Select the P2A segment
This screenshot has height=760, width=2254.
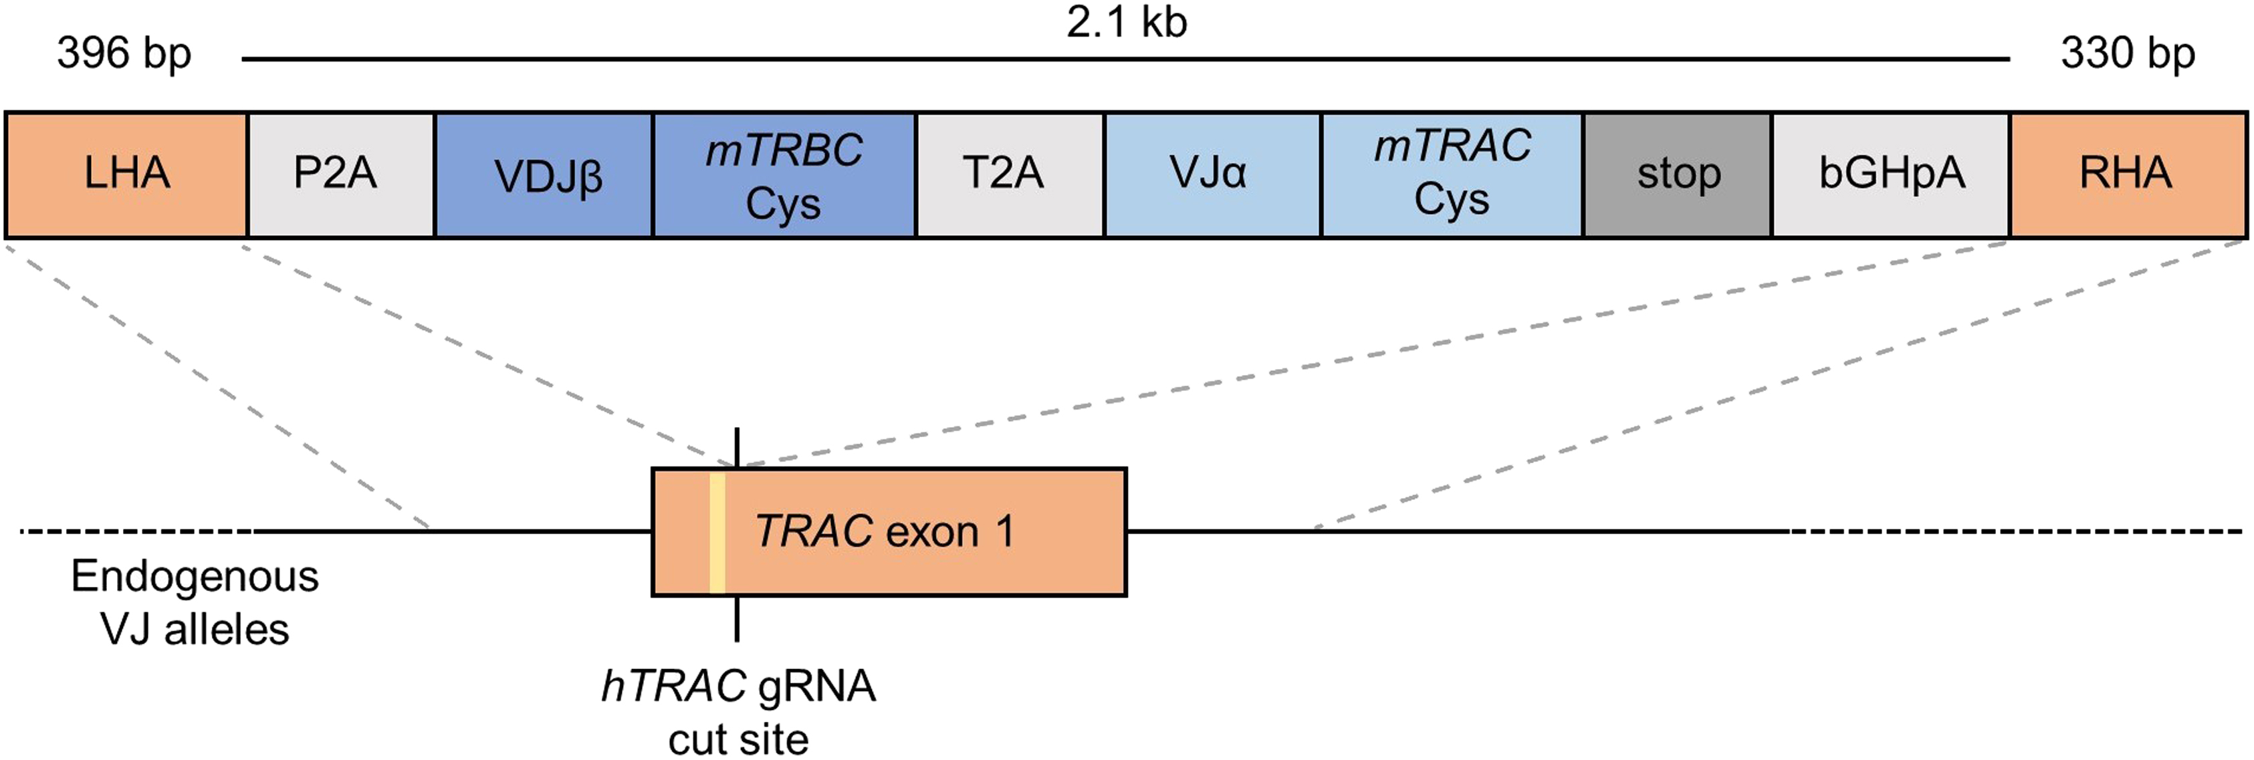[x=340, y=173]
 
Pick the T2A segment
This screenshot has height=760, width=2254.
[x=1009, y=173]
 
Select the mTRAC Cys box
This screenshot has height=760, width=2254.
[x=1452, y=173]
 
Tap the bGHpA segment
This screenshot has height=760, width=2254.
[x=1890, y=173]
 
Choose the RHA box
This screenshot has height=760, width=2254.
[x=2127, y=173]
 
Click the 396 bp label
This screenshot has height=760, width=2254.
[x=124, y=54]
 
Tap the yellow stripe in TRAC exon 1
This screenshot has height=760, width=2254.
[x=717, y=532]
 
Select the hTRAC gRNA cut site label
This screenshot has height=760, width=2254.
[x=738, y=712]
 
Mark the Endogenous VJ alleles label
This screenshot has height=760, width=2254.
[x=195, y=602]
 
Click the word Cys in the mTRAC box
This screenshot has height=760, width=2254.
[x=1452, y=201]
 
